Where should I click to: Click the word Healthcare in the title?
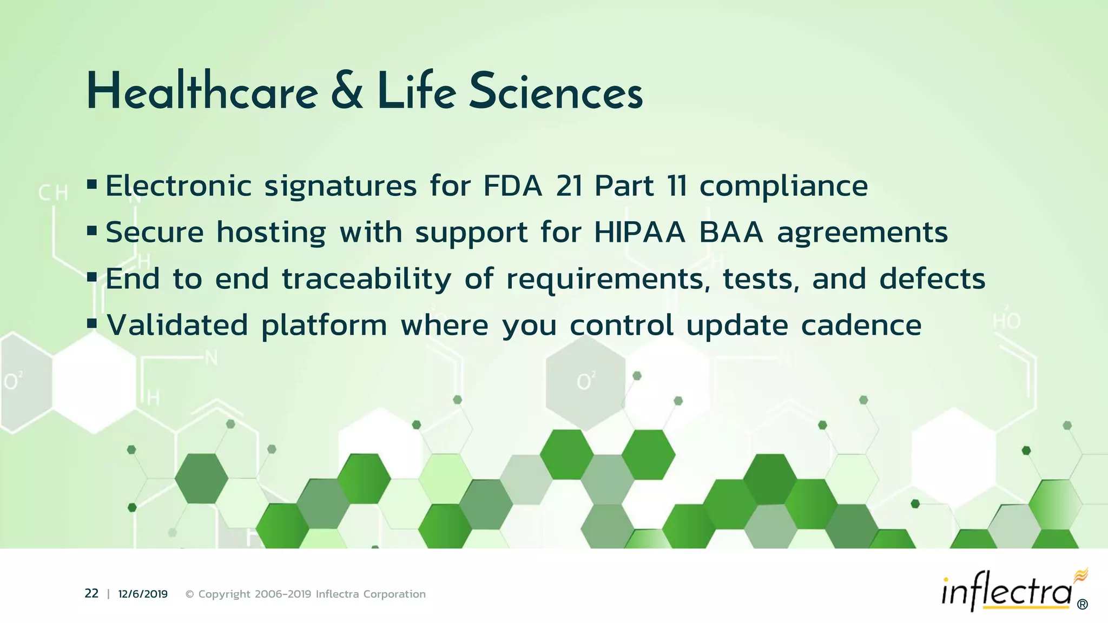(x=202, y=92)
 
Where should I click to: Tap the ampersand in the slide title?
(x=346, y=92)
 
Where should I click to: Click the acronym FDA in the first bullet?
(x=512, y=186)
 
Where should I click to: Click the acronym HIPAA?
(x=639, y=233)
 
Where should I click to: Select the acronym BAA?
(x=731, y=233)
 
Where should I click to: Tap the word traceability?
(x=366, y=280)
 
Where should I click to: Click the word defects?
(x=932, y=279)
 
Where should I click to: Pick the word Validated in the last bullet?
(x=177, y=326)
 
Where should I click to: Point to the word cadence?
(x=861, y=326)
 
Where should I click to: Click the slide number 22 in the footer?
(x=91, y=594)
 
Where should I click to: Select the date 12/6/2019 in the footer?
(x=143, y=594)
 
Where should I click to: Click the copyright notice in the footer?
(x=306, y=594)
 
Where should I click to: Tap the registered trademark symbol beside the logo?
(x=1083, y=605)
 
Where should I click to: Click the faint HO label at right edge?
(x=1006, y=322)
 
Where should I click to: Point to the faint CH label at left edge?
(x=53, y=193)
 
